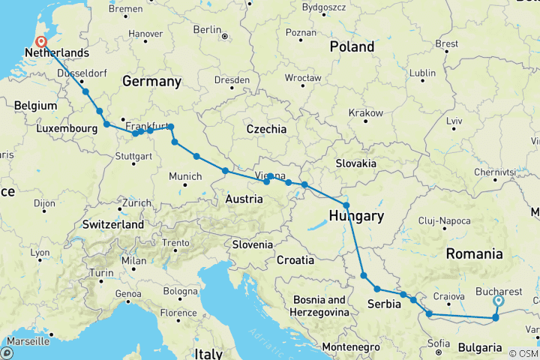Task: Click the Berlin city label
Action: pyautogui.click(x=206, y=29)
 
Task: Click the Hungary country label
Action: pyautogui.click(x=356, y=216)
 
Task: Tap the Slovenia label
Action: pyautogui.click(x=252, y=244)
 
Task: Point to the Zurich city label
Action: pyautogui.click(x=137, y=202)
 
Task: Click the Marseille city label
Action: pyautogui.click(x=26, y=341)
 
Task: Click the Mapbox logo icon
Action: pyautogui.click(x=7, y=352)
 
